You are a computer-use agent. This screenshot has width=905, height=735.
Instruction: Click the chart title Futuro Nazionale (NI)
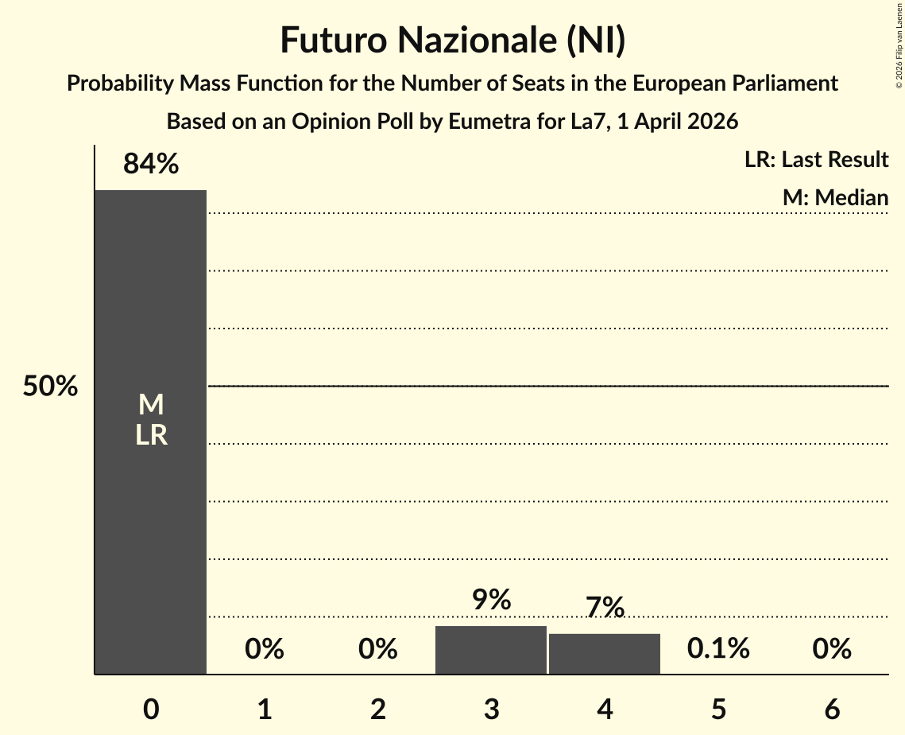point(452,41)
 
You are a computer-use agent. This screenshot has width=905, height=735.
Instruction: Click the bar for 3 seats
point(491,650)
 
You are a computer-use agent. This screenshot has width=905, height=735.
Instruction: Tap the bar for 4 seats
point(605,654)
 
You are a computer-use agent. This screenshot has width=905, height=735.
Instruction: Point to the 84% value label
point(151,165)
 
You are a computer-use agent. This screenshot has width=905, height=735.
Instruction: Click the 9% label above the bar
point(491,600)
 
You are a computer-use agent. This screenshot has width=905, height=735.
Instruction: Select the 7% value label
point(605,608)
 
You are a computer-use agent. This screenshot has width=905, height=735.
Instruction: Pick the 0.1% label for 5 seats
point(718,649)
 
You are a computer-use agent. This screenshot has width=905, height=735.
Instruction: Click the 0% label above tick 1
point(265,649)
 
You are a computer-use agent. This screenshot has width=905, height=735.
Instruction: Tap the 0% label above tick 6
point(832,649)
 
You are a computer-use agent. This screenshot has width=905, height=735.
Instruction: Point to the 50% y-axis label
point(50,387)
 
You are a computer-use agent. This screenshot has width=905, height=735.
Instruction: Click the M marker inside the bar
point(151,406)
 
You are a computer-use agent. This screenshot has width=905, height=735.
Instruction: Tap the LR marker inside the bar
point(151,435)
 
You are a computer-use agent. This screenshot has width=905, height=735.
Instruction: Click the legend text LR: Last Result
point(816,160)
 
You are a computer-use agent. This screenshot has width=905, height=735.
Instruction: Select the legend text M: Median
point(835,197)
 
